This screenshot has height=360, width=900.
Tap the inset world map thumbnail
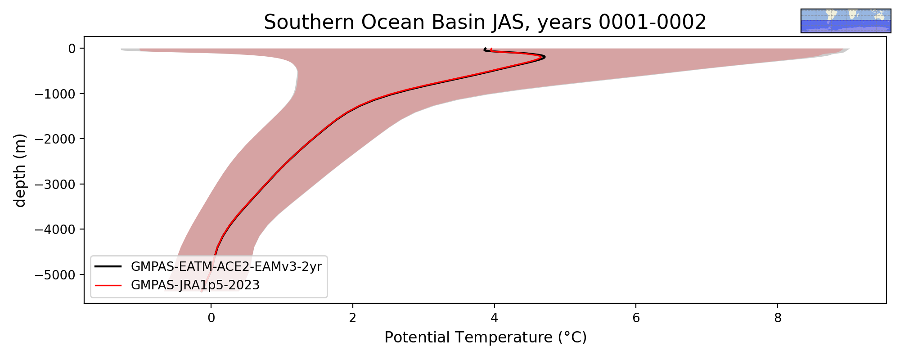tap(846, 21)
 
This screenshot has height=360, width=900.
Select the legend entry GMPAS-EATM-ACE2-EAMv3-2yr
tap(226, 267)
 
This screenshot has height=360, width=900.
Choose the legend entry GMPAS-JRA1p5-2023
tap(195, 285)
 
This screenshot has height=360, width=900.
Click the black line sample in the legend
tap(108, 267)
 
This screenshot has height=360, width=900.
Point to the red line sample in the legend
tap(108, 285)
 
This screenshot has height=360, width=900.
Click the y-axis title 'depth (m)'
tap(20, 170)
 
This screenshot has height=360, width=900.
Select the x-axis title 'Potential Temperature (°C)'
tap(486, 337)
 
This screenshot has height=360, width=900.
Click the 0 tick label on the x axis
tap(211, 318)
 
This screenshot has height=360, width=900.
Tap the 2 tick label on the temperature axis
tap(353, 318)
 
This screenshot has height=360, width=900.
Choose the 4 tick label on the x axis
tap(495, 318)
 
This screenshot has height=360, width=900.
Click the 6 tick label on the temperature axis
tap(636, 318)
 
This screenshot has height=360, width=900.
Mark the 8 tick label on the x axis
tap(778, 318)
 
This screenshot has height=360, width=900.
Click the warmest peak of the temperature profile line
tap(544, 57)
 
